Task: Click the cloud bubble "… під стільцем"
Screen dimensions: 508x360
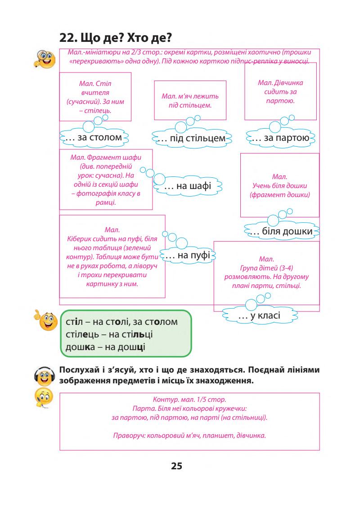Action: click(191, 138)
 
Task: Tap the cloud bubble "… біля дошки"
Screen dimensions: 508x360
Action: click(281, 231)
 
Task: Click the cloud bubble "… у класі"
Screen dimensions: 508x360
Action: click(259, 316)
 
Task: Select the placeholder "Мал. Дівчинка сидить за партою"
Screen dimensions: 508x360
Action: click(280, 92)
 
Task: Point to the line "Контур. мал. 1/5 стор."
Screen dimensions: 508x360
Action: click(189, 399)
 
